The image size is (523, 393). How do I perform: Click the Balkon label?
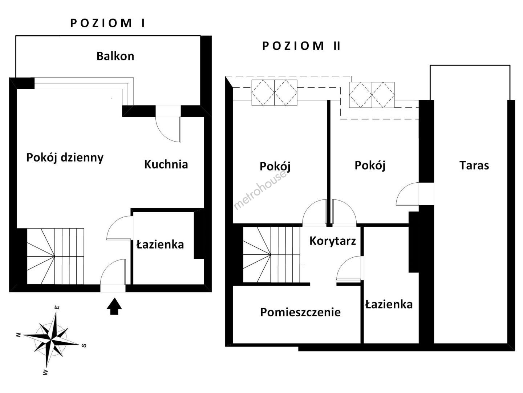pyautogui.click(x=115, y=56)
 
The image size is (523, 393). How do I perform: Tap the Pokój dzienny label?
pyautogui.click(x=65, y=158)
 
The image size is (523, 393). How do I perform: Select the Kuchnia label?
pyautogui.click(x=166, y=164)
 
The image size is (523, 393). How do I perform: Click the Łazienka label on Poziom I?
pyautogui.click(x=160, y=245)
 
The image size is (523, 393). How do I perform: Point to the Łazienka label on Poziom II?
pyautogui.click(x=389, y=305)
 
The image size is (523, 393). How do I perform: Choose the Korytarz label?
pyautogui.click(x=333, y=241)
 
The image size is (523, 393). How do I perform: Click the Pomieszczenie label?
pyautogui.click(x=300, y=312)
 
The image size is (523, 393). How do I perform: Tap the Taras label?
pyautogui.click(x=474, y=165)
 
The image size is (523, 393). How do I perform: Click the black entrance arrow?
pyautogui.click(x=114, y=306)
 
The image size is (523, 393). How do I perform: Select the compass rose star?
pyautogui.click(x=52, y=339)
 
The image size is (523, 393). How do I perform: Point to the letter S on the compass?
pyautogui.click(x=84, y=345)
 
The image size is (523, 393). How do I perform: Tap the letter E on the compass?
pyautogui.click(x=57, y=307)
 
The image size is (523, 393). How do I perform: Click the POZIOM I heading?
pyautogui.click(x=108, y=23)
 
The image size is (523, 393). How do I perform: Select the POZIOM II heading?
pyautogui.click(x=301, y=46)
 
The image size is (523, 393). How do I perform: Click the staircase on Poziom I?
pyautogui.click(x=55, y=256)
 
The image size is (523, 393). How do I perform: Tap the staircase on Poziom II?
pyautogui.click(x=271, y=254)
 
